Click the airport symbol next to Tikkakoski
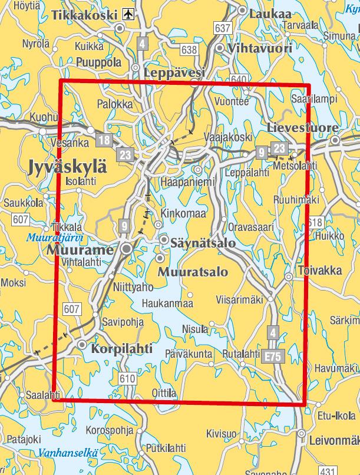coord(129,13)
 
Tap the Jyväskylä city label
coord(68,167)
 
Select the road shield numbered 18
coord(105,140)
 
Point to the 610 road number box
coord(127,378)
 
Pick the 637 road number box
coord(223,28)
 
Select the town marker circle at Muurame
coord(126,250)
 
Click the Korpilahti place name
coord(118,348)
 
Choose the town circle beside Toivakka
coord(289,276)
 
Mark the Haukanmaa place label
coord(167,304)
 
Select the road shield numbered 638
coord(189,50)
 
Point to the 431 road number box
coord(329,470)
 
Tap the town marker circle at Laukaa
coord(242,10)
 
